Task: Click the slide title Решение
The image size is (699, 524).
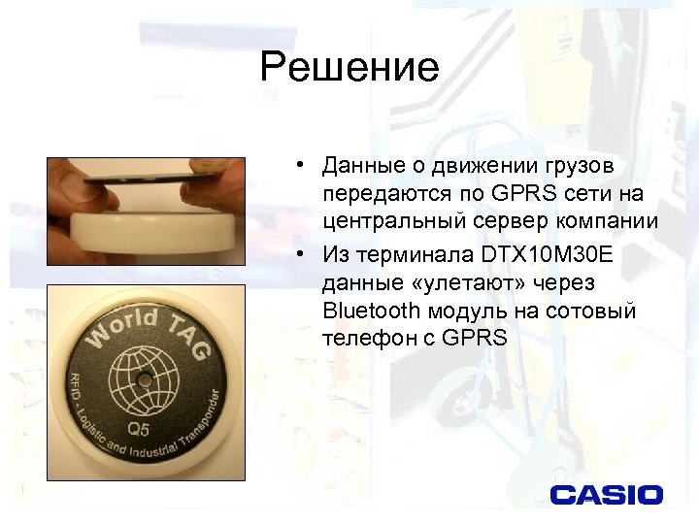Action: point(349,68)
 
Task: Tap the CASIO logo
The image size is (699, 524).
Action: point(606,495)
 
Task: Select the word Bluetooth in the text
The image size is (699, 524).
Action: point(372,311)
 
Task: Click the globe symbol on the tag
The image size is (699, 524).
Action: point(145,379)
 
